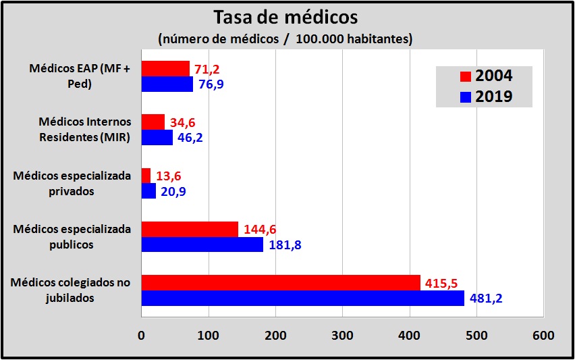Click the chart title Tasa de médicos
click(285, 16)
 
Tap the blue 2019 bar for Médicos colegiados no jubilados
click(302, 298)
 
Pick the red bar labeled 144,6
click(190, 229)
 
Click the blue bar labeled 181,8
click(202, 245)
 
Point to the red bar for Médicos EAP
click(165, 68)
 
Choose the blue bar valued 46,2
click(157, 137)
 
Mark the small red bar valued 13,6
click(146, 176)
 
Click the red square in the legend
click(465, 76)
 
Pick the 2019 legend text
click(494, 97)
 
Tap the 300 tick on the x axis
click(342, 335)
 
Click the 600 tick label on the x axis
click(543, 335)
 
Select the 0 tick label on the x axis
click(141, 335)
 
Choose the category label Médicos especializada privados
click(72, 182)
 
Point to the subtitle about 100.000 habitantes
click(285, 38)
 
